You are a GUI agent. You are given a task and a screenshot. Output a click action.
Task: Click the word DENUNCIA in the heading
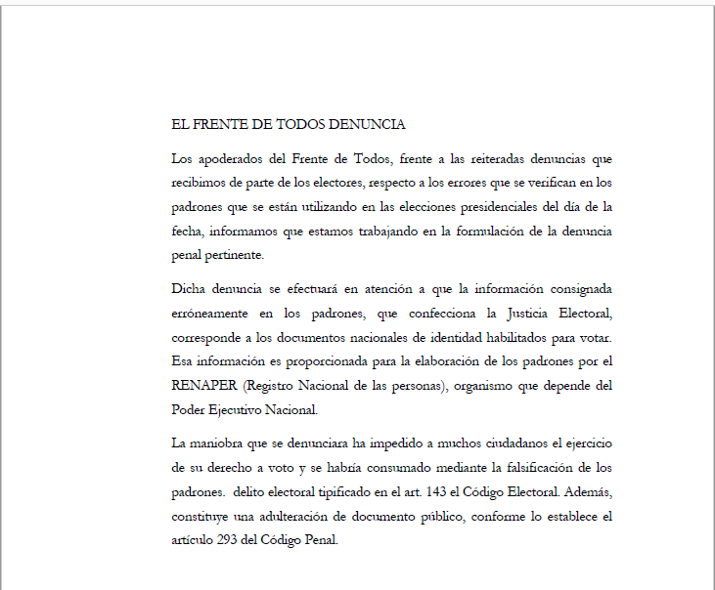click(367, 125)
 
